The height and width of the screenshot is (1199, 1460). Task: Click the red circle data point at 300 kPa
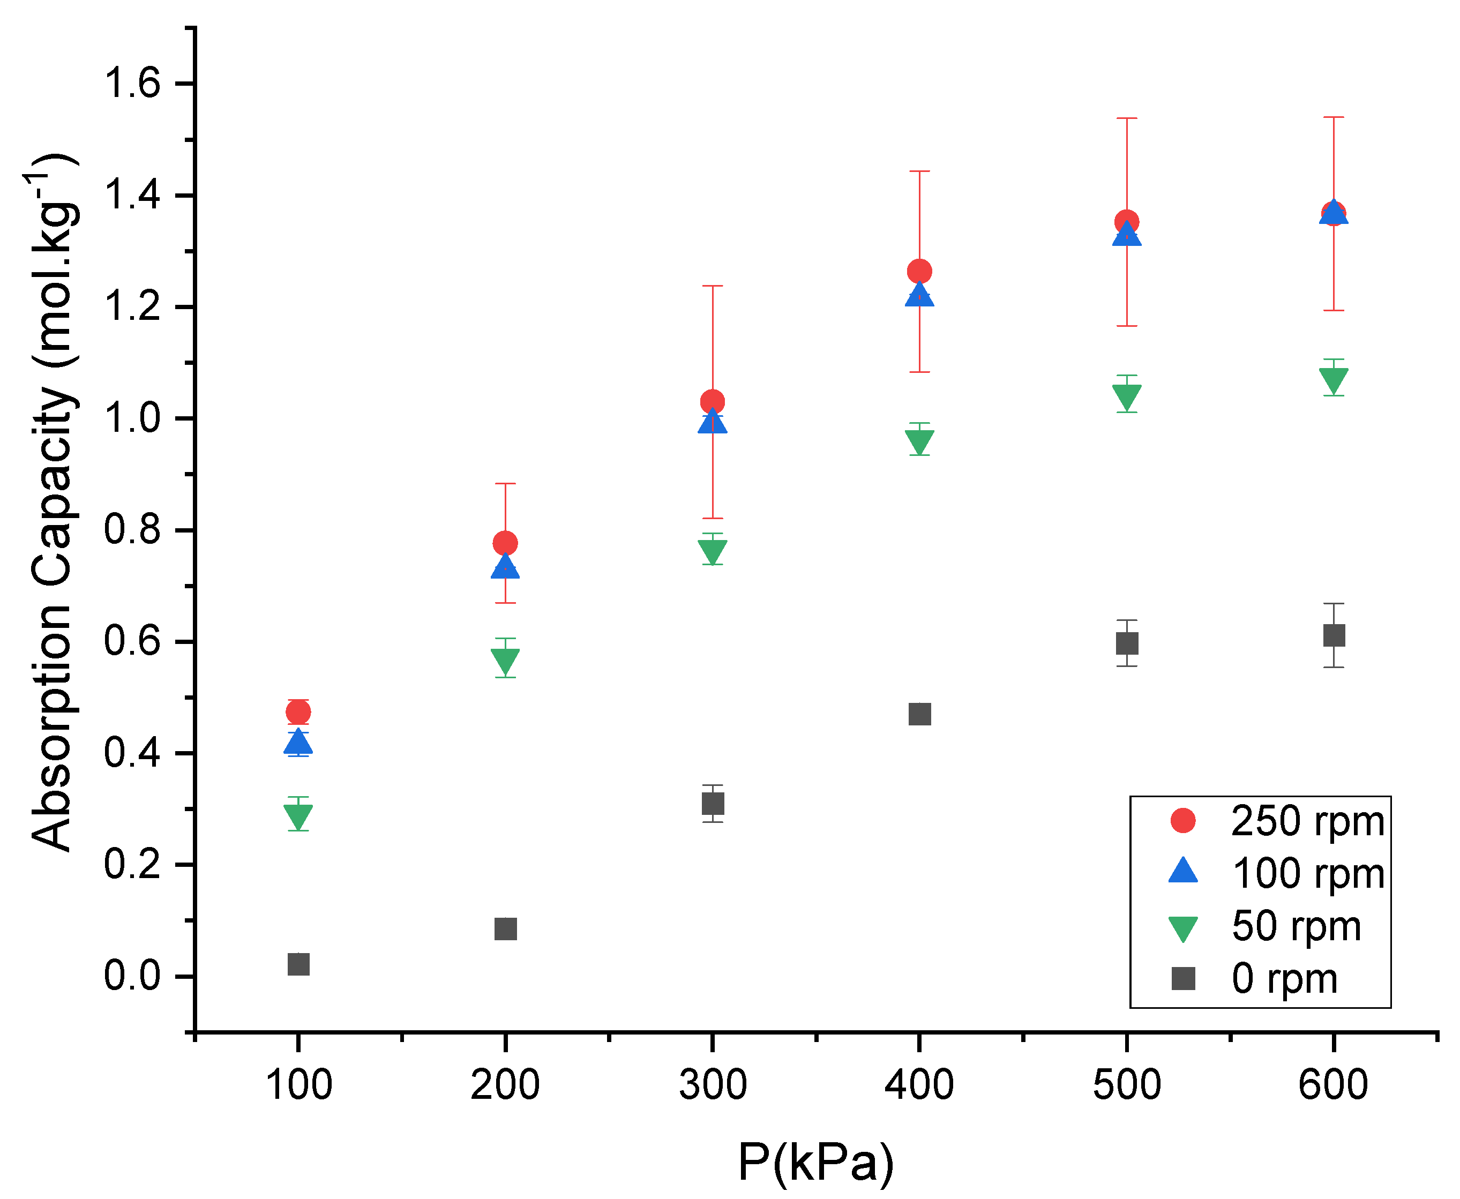click(x=712, y=401)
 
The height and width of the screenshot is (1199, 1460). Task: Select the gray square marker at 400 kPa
click(x=919, y=714)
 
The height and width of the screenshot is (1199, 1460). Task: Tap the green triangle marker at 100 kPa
click(x=298, y=816)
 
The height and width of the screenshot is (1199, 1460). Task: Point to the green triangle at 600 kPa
click(x=1333, y=380)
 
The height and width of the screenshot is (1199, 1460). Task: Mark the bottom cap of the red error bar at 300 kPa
click(x=712, y=518)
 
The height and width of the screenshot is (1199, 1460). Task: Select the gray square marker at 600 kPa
click(x=1333, y=635)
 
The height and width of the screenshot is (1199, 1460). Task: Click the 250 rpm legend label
click(x=1307, y=822)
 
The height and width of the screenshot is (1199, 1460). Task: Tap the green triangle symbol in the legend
click(x=1183, y=927)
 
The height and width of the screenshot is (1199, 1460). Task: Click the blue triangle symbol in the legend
click(x=1183, y=872)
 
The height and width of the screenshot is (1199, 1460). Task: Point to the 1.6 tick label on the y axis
click(x=132, y=84)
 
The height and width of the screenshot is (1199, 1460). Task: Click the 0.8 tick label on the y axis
click(x=132, y=530)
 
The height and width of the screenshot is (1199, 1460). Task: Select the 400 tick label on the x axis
click(x=919, y=1084)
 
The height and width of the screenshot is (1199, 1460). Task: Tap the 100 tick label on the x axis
click(x=298, y=1084)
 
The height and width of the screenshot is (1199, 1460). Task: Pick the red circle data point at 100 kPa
click(x=298, y=711)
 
